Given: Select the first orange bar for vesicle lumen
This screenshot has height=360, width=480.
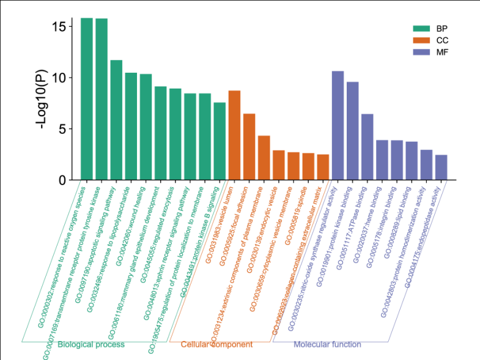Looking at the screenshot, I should pyautogui.click(x=234, y=135).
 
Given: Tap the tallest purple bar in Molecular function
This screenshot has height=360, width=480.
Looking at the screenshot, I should pyautogui.click(x=338, y=125).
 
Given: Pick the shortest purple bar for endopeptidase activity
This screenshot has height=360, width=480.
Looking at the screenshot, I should pyautogui.click(x=441, y=167).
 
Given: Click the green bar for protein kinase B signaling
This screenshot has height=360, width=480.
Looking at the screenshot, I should pyautogui.click(x=220, y=141).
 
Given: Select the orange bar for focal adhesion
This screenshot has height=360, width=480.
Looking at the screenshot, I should pyautogui.click(x=249, y=147).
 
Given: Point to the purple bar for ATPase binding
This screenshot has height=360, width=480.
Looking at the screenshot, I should pyautogui.click(x=367, y=147).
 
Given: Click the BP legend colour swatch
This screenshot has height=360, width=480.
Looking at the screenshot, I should pyautogui.click(x=422, y=29).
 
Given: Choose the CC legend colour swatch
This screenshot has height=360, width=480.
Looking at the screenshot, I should pyautogui.click(x=422, y=40).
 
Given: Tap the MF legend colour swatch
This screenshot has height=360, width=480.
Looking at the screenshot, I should pyautogui.click(x=422, y=53).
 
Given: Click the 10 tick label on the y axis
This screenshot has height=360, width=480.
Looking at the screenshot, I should pyautogui.click(x=59, y=78).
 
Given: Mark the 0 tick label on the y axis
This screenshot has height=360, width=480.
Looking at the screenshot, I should pyautogui.click(x=62, y=180).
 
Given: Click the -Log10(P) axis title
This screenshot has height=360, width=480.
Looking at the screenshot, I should pyautogui.click(x=42, y=98).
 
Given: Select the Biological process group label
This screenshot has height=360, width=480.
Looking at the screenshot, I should pyautogui.click(x=91, y=345).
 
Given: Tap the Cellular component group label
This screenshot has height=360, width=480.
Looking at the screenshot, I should pyautogui.click(x=216, y=345).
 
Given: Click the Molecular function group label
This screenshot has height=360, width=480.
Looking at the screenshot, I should pyautogui.click(x=327, y=345).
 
